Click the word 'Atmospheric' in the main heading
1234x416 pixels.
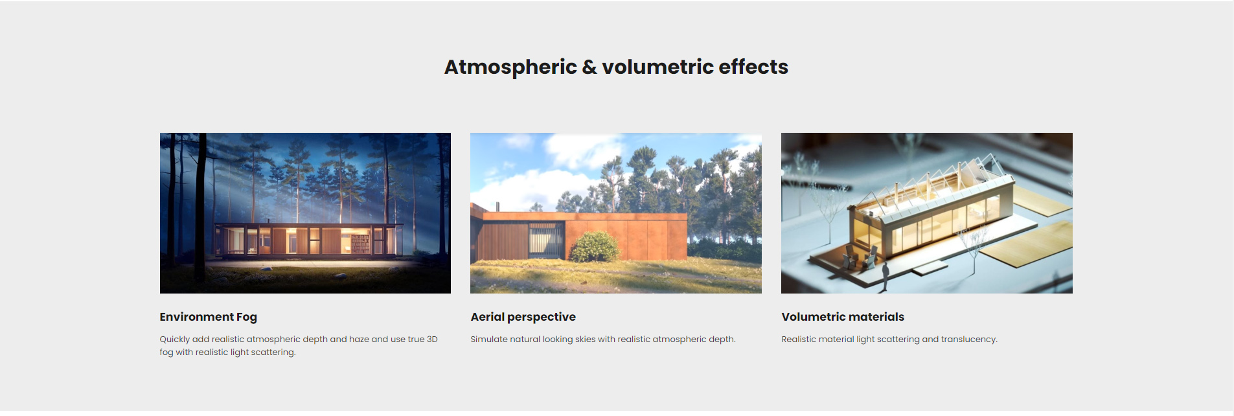click(510, 67)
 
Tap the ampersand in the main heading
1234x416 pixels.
click(589, 67)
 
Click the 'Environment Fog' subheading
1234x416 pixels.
click(209, 317)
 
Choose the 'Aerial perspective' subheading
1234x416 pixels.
click(523, 317)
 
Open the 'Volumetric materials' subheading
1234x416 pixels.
click(843, 317)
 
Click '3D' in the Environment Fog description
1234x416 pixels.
click(432, 339)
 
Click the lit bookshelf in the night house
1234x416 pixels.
click(360, 244)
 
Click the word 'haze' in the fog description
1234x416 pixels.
click(359, 339)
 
